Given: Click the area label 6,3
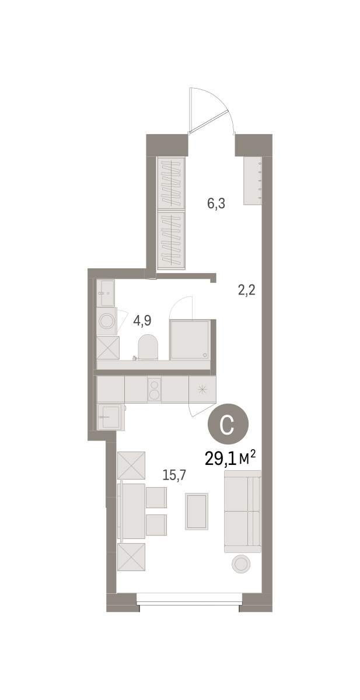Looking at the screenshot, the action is [216, 204].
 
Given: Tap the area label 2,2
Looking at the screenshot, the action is [247, 290].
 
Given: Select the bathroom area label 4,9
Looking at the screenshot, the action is [142, 321].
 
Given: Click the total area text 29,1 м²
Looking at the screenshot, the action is [230, 459].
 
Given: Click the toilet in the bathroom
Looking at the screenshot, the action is [148, 347].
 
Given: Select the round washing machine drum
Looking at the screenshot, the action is [107, 321].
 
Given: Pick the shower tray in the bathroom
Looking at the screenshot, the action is [190, 339].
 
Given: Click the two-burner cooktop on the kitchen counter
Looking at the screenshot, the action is [155, 390].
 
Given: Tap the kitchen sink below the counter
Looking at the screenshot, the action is [109, 416].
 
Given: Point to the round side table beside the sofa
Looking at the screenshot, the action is [241, 564].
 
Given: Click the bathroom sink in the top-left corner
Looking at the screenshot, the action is [106, 293].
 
